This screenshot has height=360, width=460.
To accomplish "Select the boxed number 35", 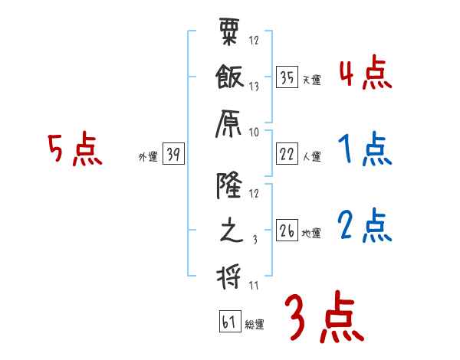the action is coord(287,77).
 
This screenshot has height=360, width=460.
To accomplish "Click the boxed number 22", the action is coord(287,155).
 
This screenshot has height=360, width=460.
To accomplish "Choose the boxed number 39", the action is coord(173,155).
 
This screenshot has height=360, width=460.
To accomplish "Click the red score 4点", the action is coord(365,74).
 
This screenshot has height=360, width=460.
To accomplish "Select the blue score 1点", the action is coord(365,150).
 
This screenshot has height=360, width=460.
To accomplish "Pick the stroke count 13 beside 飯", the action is coord(254,87).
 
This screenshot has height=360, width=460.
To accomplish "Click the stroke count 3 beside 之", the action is coord(254,240).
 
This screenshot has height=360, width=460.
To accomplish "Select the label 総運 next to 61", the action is coord(255,324).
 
